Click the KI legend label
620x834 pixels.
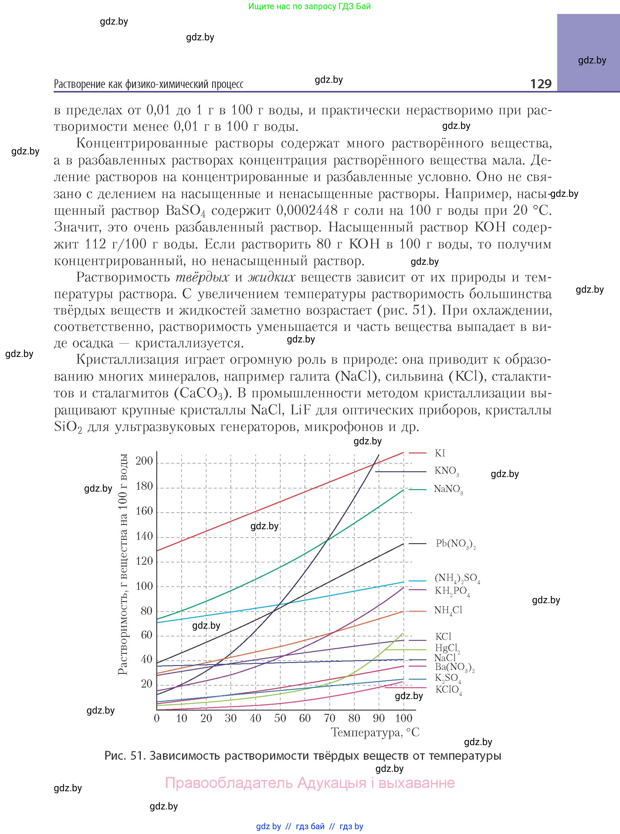tap(440, 453)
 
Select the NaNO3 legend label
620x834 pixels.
tap(448, 489)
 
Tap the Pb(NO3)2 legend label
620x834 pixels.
tap(456, 544)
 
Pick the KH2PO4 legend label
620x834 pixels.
tap(452, 591)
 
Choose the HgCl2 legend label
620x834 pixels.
tap(447, 648)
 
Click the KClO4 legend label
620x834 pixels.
tap(449, 690)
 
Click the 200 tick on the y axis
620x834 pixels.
tap(144, 461)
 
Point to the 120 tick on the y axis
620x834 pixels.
tap(144, 561)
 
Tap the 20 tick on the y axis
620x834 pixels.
tap(147, 684)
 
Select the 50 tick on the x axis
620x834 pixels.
tap(280, 718)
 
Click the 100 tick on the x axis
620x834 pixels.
tap(403, 718)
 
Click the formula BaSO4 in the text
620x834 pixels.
tap(185, 211)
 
